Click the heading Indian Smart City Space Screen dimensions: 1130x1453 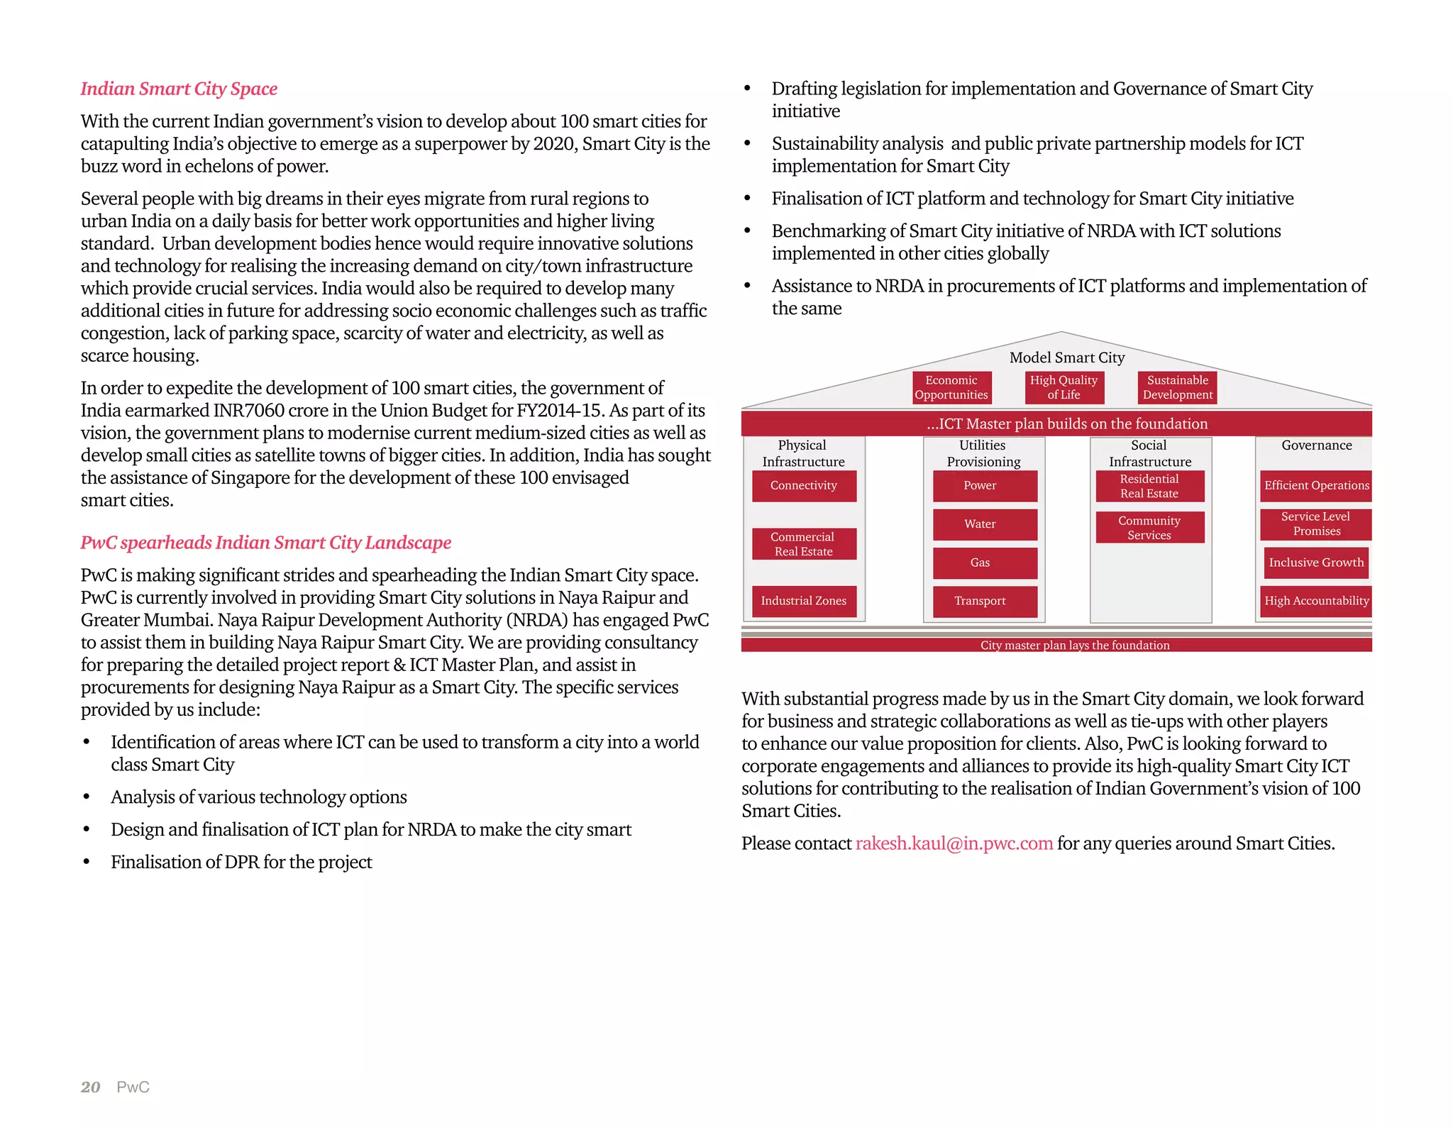click(x=179, y=89)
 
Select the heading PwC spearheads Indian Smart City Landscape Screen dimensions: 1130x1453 click(x=265, y=543)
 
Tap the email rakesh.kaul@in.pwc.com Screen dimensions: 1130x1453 click(x=954, y=843)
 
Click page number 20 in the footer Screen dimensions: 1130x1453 click(x=90, y=1087)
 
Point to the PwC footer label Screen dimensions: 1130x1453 click(x=133, y=1087)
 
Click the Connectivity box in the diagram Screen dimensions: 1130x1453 click(x=804, y=486)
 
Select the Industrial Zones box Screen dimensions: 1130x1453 click(x=804, y=601)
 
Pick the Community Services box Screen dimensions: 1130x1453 click(x=1149, y=528)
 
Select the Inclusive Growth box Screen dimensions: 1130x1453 click(x=1316, y=563)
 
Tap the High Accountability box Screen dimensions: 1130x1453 click(x=1316, y=601)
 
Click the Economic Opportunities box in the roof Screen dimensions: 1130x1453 click(x=951, y=388)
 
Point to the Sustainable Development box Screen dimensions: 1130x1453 click(x=1178, y=388)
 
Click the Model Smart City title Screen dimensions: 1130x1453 click(x=1067, y=358)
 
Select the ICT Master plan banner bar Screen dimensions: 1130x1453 click(x=1056, y=424)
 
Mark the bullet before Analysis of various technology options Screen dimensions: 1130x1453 click(x=87, y=798)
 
